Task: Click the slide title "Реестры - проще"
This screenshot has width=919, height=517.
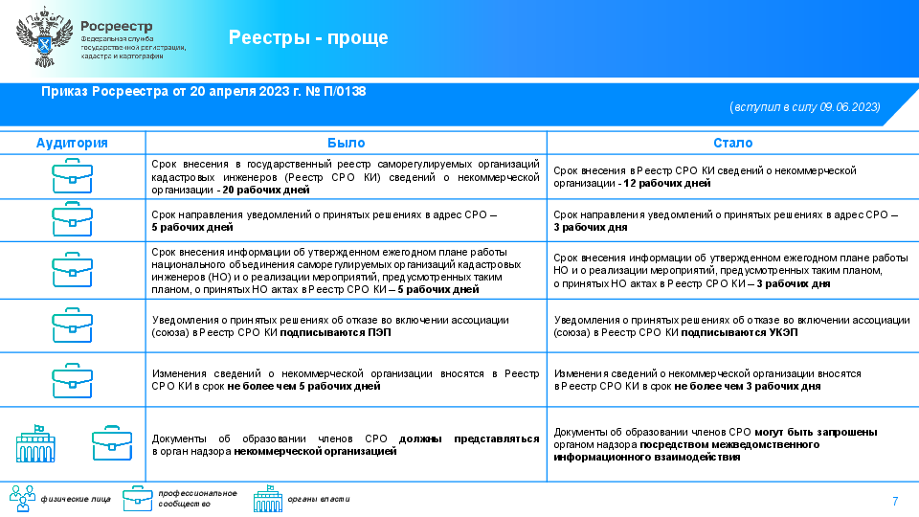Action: tap(308, 37)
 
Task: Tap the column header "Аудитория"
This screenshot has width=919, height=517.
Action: tap(72, 143)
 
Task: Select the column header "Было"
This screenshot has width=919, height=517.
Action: tap(346, 143)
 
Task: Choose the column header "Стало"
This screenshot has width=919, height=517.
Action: tap(732, 143)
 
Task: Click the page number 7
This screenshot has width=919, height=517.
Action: tap(895, 502)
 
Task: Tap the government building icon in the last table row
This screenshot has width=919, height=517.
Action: tap(37, 443)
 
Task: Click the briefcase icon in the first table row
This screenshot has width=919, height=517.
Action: tap(72, 176)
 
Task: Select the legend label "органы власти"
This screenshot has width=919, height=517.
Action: tap(319, 499)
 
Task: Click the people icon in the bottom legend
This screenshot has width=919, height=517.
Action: tap(22, 498)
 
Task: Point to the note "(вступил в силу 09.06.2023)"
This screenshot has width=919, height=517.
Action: tap(804, 106)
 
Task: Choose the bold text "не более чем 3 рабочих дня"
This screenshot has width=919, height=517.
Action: tap(747, 387)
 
